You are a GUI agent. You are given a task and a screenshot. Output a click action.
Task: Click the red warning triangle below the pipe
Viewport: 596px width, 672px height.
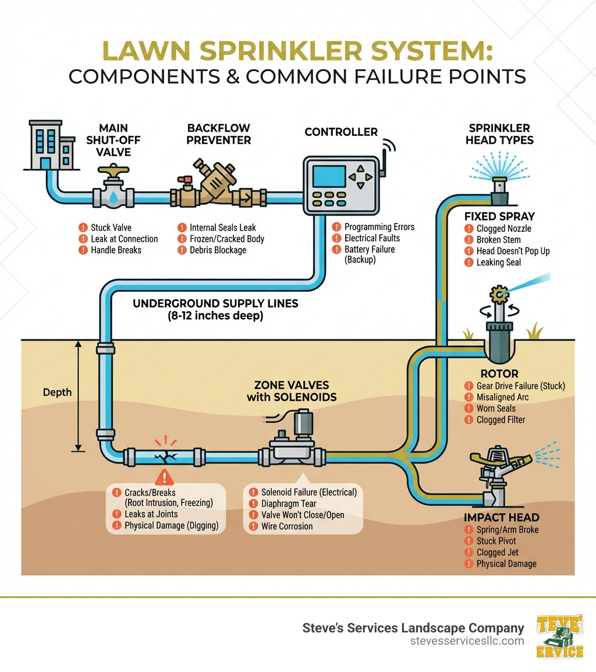[166, 478]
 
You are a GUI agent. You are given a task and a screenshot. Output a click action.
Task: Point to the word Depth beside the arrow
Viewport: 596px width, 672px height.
[57, 392]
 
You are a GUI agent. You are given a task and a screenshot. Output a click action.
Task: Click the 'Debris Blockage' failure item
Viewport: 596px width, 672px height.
[218, 250]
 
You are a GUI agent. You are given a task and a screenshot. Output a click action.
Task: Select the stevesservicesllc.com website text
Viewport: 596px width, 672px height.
[467, 641]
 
